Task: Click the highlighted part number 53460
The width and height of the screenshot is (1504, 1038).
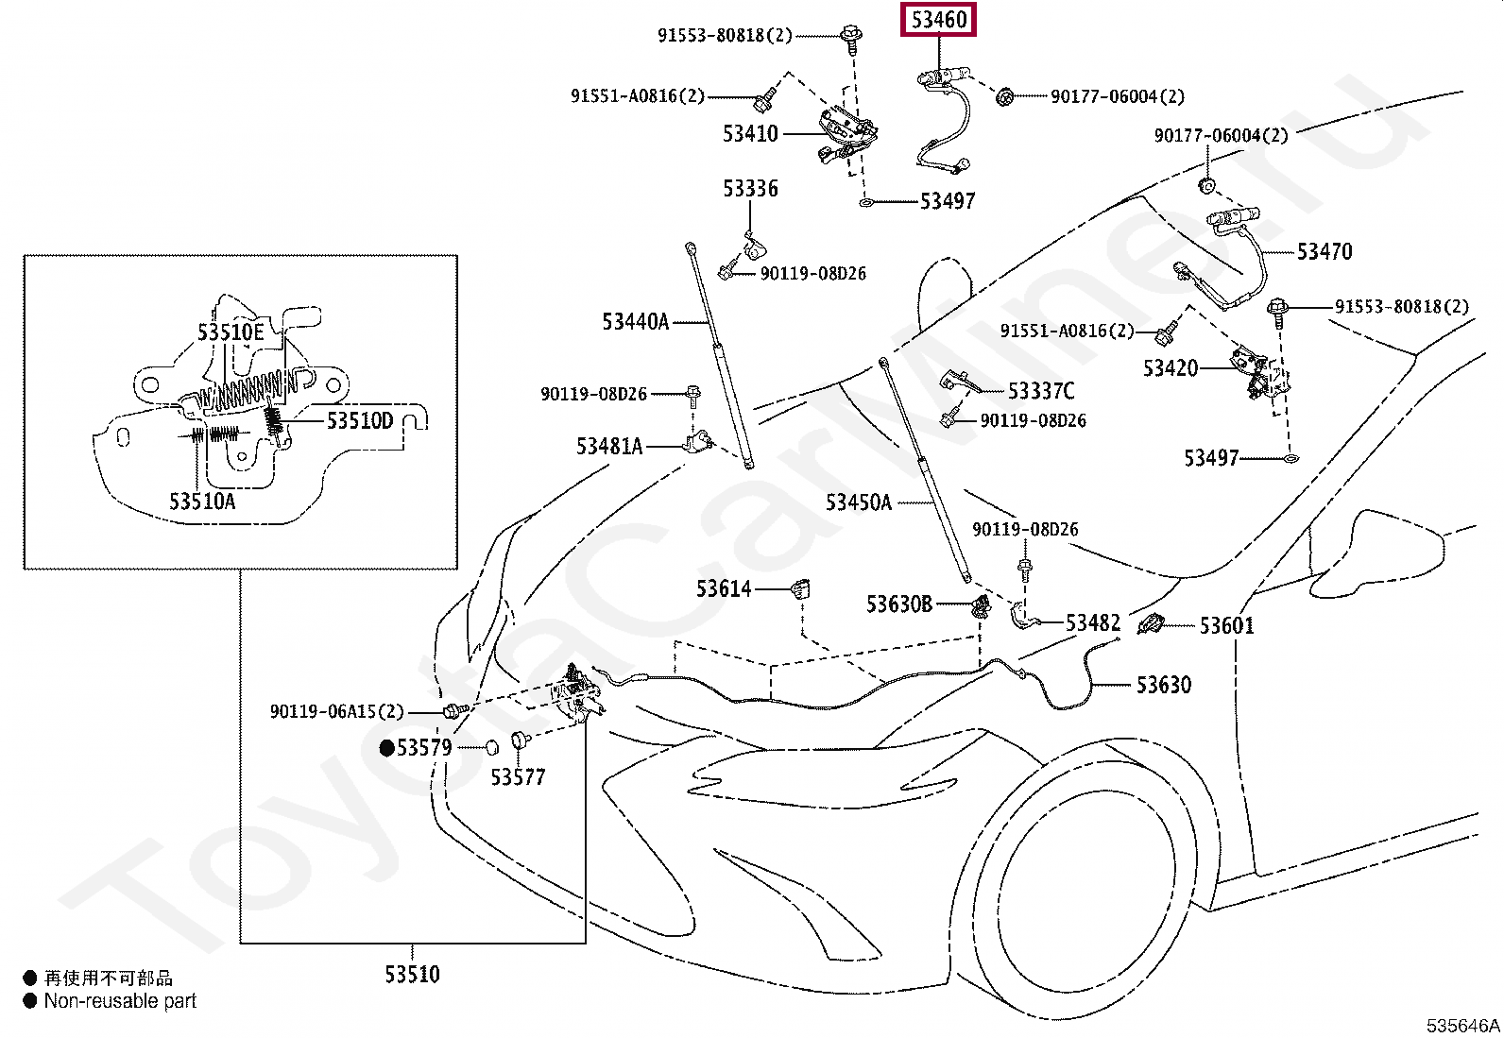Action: pos(939,20)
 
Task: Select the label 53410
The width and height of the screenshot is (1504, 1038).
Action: pos(750,133)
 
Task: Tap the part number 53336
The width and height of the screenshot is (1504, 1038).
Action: pos(750,189)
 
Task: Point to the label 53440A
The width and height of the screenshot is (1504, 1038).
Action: pos(635,322)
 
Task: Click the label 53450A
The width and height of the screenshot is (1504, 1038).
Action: pos(858,502)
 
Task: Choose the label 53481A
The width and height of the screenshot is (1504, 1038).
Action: pos(609,446)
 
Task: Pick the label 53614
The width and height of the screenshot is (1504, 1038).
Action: pos(723,588)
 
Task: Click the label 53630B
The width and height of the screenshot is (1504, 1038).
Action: pos(899,604)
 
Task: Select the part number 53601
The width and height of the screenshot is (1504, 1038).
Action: pos(1226,626)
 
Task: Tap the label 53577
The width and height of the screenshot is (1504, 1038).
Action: pos(518,776)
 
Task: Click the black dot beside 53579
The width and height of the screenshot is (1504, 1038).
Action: pos(386,748)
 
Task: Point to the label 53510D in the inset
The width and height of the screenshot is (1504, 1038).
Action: pos(360,421)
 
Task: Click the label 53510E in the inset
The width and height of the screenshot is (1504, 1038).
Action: pos(231,332)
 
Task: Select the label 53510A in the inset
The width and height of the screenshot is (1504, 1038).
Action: pos(202,501)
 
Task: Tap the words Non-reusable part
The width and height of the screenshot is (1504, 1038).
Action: pos(120,1000)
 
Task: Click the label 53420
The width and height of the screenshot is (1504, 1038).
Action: pos(1171,368)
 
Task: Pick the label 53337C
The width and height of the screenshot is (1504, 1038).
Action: pos(1041,391)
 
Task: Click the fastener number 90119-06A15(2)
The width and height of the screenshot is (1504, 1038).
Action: pos(337,712)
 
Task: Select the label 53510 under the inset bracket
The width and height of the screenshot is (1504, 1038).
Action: pos(412,974)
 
